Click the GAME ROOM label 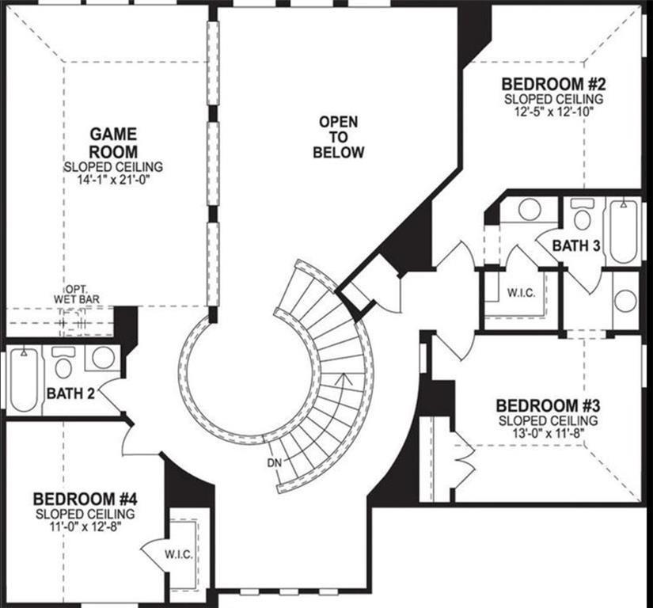[x=113, y=142]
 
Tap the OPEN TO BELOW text [x=338, y=137]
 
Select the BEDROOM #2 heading [x=552, y=85]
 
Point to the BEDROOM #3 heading [x=547, y=405]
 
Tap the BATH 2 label [x=70, y=393]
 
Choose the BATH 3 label [x=575, y=245]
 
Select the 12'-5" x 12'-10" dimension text [x=553, y=112]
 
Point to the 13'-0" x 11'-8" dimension [x=547, y=434]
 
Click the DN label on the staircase [x=273, y=462]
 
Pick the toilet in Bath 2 [x=64, y=365]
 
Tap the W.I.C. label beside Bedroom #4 [x=177, y=552]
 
